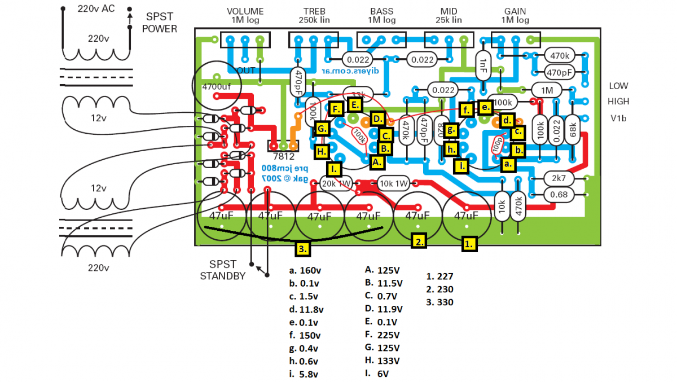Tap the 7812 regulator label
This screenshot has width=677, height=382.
(x=283, y=156)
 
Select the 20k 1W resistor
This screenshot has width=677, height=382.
(x=337, y=183)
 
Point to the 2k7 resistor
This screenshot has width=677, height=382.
(x=559, y=178)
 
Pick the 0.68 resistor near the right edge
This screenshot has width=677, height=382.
(x=559, y=195)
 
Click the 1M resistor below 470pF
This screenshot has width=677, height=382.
(x=547, y=90)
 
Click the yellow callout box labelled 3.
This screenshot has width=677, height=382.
(x=302, y=248)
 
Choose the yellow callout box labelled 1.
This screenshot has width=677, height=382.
(x=469, y=243)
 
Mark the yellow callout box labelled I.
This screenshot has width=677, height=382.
(x=334, y=169)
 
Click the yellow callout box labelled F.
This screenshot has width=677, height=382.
(x=336, y=109)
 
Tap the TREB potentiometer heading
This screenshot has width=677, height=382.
(x=314, y=11)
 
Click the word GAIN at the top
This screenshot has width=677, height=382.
(x=515, y=11)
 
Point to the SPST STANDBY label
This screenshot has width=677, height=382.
(x=223, y=270)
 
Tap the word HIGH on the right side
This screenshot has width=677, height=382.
(x=618, y=102)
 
